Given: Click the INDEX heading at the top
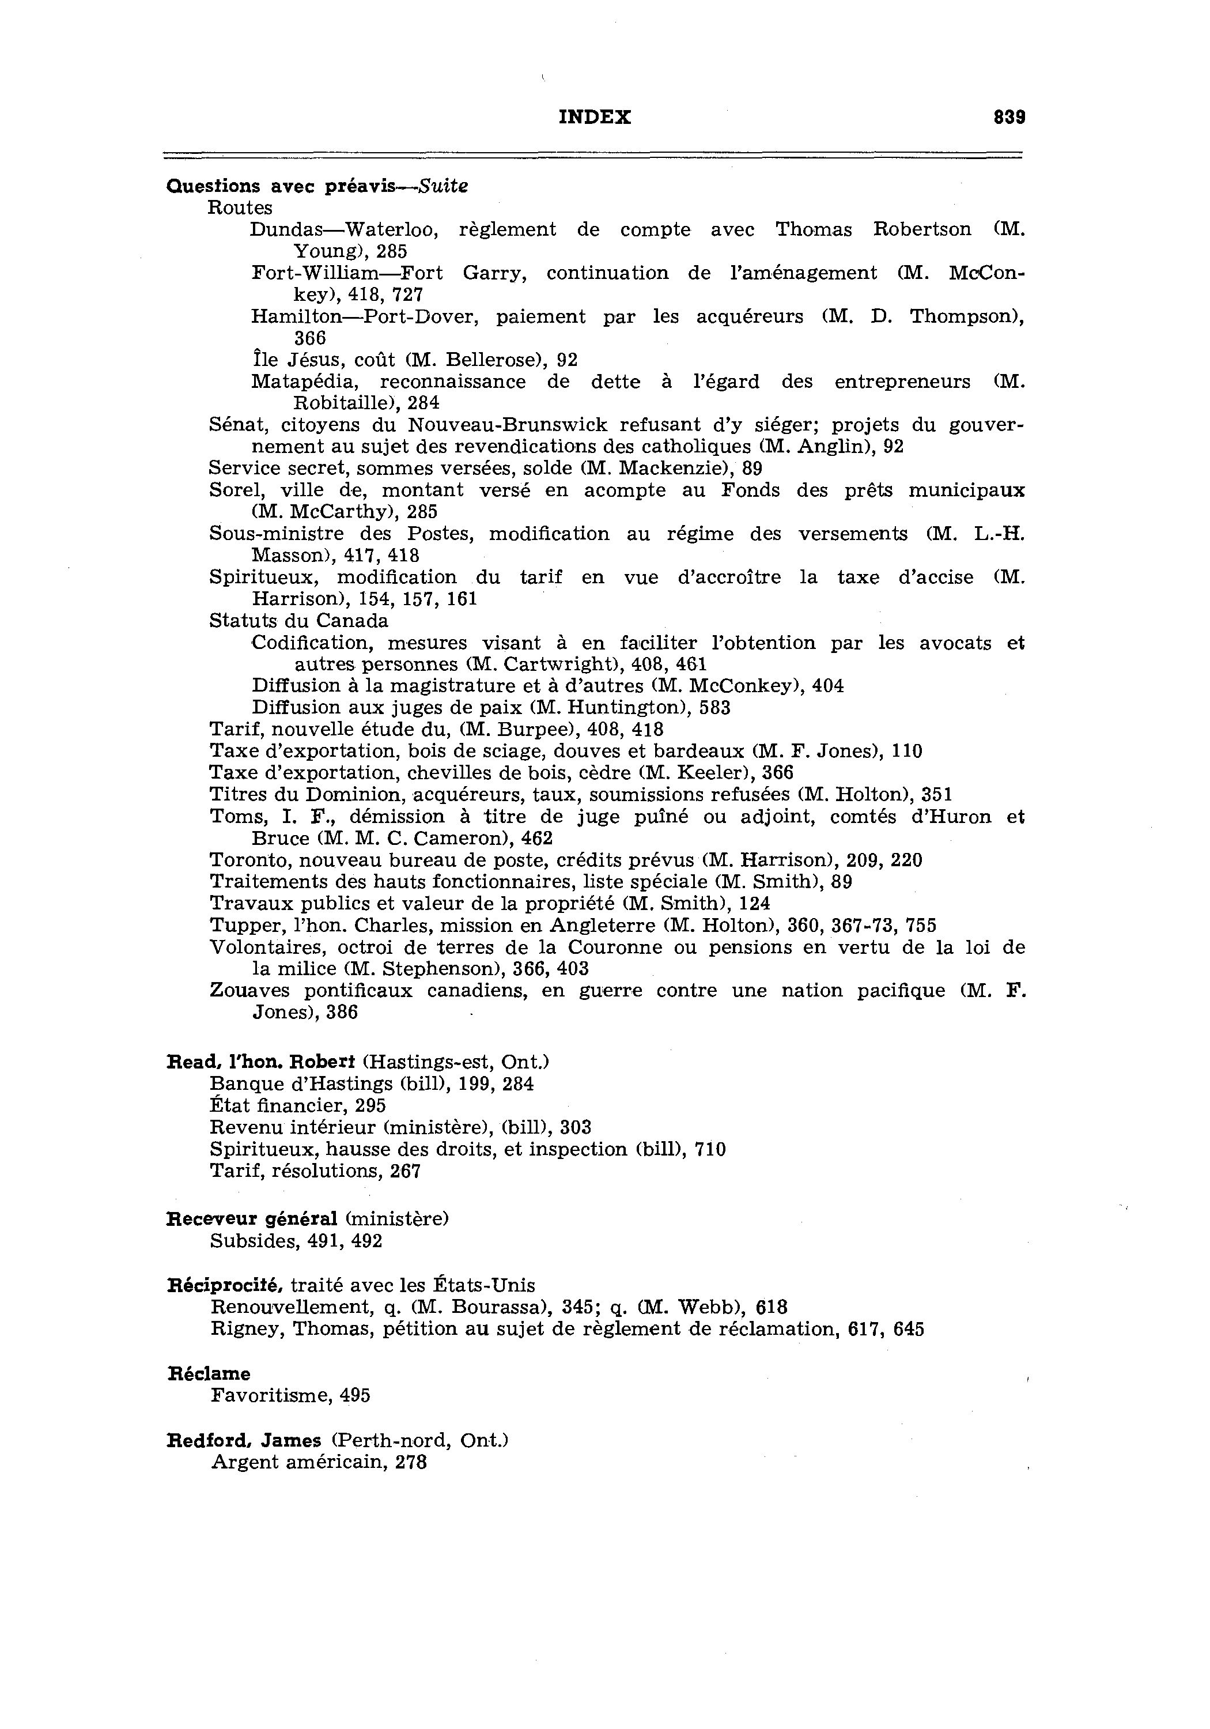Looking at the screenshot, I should pos(595,118).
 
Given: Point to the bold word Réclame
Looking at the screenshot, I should pos(209,1373).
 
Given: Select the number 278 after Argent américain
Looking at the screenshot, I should pos(411,1462).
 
